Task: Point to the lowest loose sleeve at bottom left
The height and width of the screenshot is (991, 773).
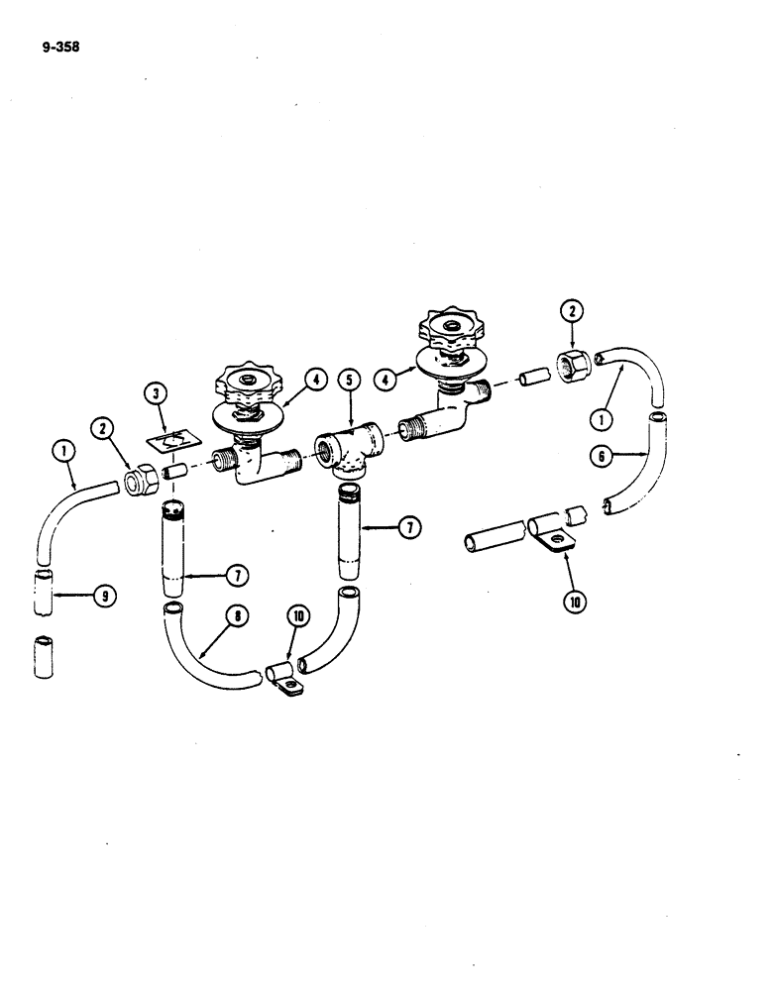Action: click(x=44, y=658)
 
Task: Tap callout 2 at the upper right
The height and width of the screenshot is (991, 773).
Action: click(x=572, y=311)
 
